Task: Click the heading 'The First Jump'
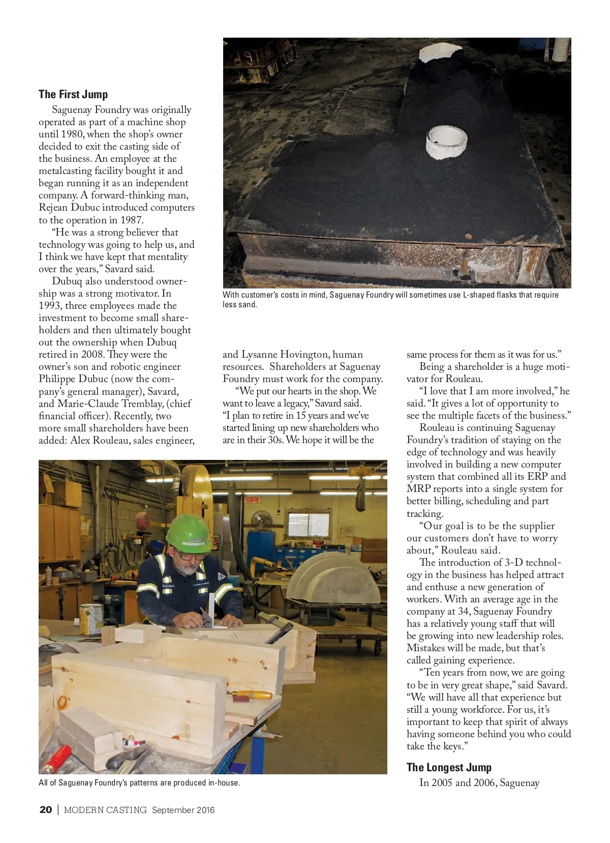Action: pos(73,94)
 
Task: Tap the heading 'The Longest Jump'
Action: pos(449,767)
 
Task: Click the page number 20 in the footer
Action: pos(46,810)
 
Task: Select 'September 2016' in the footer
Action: pos(183,810)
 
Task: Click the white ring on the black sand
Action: pos(446,141)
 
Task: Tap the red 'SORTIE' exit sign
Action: pos(253,500)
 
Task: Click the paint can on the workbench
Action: pos(91,618)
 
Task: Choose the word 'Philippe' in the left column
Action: pos(57,379)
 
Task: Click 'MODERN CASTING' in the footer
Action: pos(105,810)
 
